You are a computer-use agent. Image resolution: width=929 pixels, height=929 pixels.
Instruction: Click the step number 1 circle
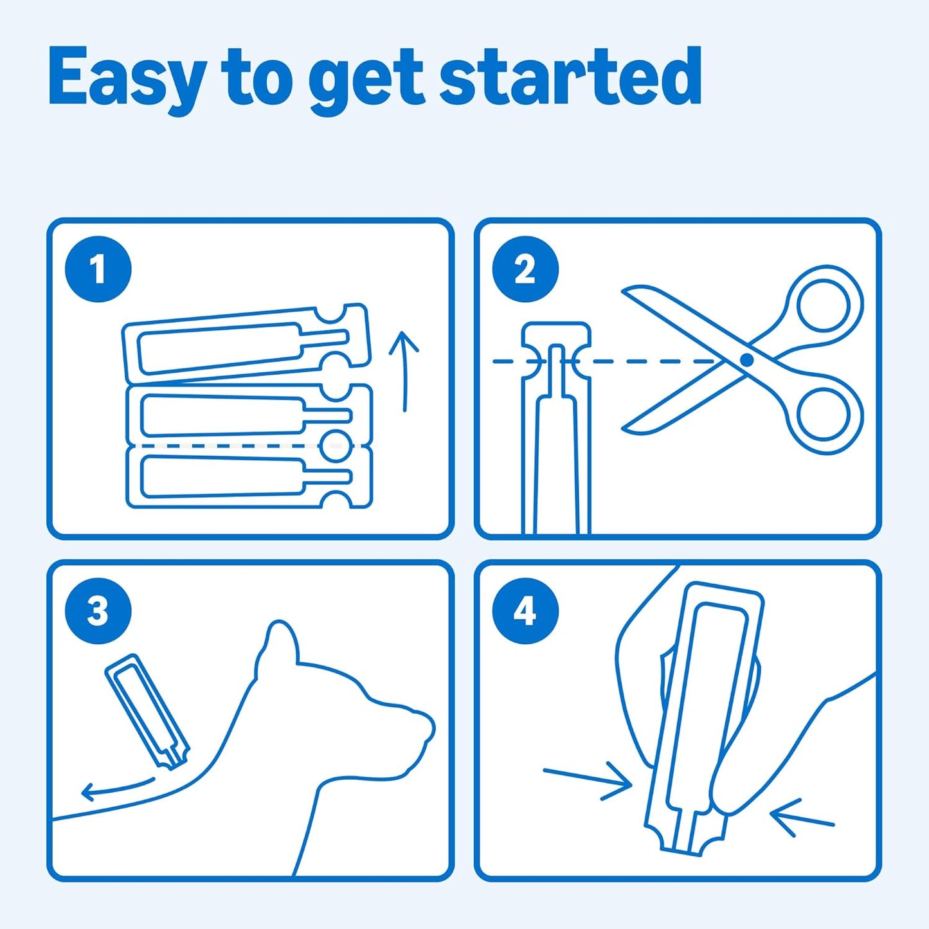[x=98, y=269]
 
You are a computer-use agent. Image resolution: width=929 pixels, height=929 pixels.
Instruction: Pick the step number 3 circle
[x=98, y=612]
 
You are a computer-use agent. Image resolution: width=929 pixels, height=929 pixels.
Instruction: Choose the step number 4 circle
[x=525, y=612]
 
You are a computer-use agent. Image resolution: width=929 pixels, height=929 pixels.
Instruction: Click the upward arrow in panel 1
[x=405, y=371]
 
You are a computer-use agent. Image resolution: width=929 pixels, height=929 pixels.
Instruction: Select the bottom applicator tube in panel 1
[x=249, y=477]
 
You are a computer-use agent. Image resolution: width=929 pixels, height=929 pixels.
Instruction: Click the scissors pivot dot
[x=747, y=359]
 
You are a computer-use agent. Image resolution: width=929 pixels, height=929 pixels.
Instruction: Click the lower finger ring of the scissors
[x=822, y=415]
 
